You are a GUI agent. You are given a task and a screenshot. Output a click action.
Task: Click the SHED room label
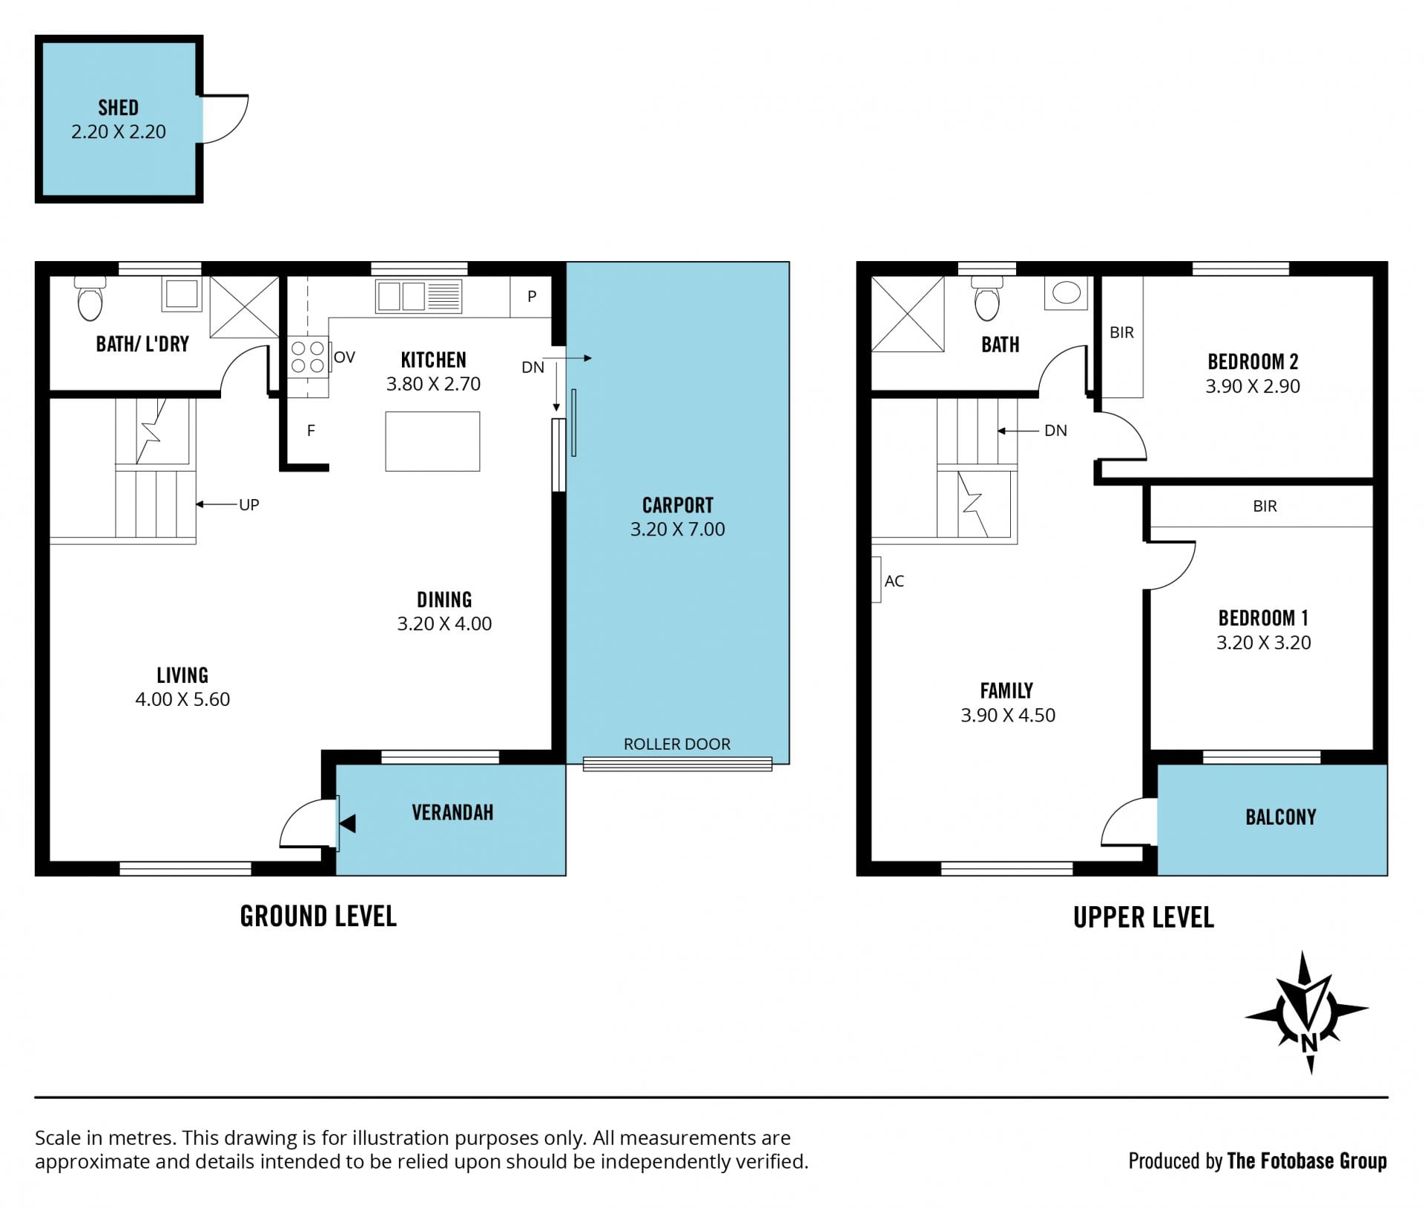(x=119, y=108)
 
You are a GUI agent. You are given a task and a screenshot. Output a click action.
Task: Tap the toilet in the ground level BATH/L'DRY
(x=90, y=298)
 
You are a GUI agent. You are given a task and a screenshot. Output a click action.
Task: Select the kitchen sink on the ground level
(x=419, y=296)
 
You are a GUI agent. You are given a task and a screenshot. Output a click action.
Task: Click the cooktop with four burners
(x=308, y=357)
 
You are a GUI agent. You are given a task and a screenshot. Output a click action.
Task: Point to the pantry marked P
(x=531, y=297)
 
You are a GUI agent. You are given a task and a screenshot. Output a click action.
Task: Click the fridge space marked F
(x=311, y=430)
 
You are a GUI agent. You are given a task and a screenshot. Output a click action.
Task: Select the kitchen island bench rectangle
(x=432, y=441)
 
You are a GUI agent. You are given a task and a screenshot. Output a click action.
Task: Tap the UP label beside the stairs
(x=249, y=505)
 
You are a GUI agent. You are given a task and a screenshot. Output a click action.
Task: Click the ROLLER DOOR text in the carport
(x=677, y=744)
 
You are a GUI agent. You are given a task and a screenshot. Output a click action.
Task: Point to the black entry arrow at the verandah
(x=347, y=823)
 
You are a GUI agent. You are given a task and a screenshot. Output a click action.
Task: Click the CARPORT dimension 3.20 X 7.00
(x=678, y=529)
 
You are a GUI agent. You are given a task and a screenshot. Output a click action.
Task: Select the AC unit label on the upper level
(x=894, y=581)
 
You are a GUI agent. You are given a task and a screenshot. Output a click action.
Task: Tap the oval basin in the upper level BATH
(x=1067, y=293)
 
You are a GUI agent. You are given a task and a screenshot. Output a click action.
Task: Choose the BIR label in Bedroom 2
(x=1121, y=333)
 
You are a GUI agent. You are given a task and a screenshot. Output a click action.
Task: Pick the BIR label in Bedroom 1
(x=1265, y=506)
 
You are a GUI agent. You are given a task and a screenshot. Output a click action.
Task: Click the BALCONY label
(x=1281, y=817)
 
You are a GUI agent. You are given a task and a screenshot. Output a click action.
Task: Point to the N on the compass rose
(x=1309, y=1043)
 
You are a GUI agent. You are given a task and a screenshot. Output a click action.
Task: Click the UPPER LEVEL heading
(x=1144, y=918)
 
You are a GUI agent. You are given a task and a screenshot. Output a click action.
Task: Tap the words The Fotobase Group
(x=1307, y=1161)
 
